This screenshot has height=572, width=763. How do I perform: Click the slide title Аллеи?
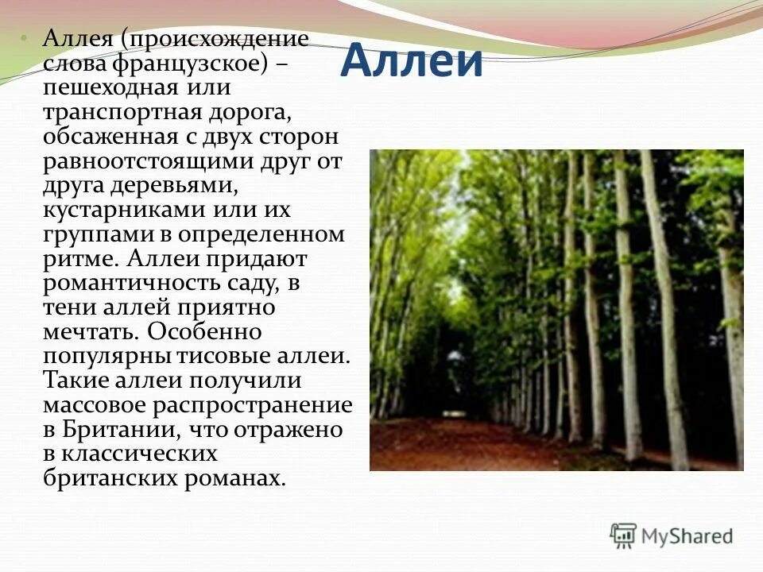point(412,61)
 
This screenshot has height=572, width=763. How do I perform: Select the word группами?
point(93,234)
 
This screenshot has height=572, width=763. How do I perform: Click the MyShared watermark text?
point(687,536)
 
